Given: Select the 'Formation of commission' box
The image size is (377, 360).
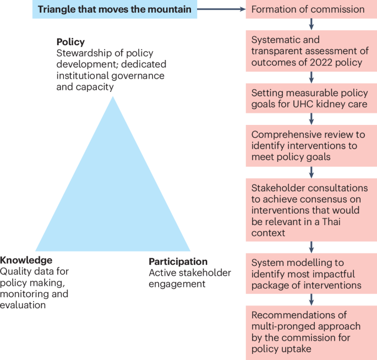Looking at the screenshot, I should (x=311, y=9).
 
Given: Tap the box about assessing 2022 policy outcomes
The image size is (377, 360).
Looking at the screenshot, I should (x=311, y=51).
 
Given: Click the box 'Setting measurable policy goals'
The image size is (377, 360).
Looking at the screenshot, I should (x=311, y=99).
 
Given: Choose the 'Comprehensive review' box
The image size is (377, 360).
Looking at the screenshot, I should (x=311, y=145).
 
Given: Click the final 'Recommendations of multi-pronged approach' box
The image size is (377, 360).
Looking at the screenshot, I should (x=311, y=331).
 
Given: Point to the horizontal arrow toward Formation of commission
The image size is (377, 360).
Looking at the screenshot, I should (x=221, y=9).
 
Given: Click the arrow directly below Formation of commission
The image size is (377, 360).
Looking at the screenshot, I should (x=312, y=24).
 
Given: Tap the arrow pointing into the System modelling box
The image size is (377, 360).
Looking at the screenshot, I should (x=312, y=246).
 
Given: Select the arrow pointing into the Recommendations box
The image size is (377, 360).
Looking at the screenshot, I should (x=312, y=299).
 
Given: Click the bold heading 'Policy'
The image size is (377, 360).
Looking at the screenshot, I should (x=70, y=42).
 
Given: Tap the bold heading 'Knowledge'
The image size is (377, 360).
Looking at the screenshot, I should (x=26, y=260).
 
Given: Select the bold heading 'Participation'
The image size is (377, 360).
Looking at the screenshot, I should (x=178, y=262).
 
